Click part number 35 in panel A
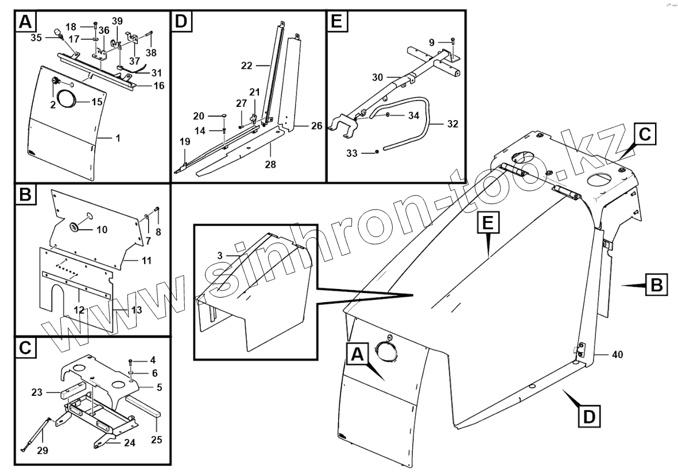(35, 38)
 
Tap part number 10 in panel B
(101, 229)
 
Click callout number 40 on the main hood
(617, 354)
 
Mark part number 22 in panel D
(247, 65)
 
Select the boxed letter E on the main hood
(487, 221)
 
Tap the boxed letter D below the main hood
(589, 415)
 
